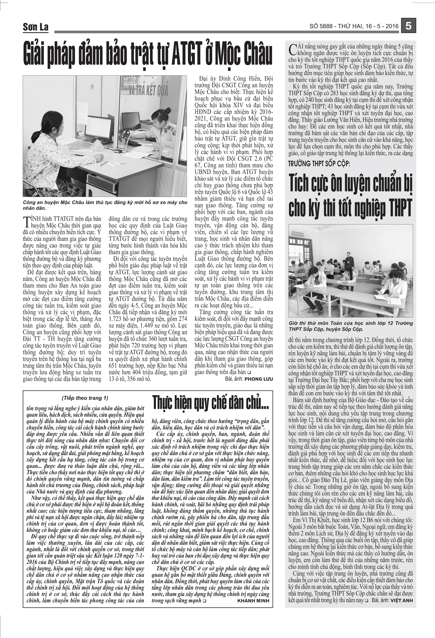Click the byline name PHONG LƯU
coord(259,379)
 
